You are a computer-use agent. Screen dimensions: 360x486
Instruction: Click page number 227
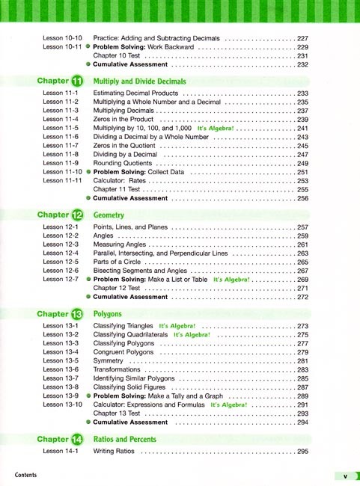pyautogui.click(x=303, y=37)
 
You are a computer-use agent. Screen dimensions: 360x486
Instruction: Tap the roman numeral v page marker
pyautogui.click(x=345, y=476)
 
